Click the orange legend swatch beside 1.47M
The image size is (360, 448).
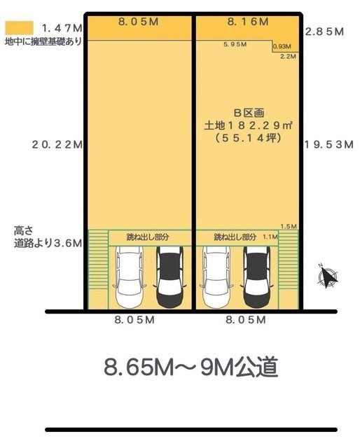[x=19, y=28]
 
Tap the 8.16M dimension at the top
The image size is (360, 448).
[x=248, y=22]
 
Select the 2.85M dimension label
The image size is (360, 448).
[x=324, y=31]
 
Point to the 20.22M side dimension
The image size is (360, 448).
[x=57, y=144]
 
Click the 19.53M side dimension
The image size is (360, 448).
[x=328, y=145]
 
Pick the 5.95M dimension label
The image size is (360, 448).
[x=235, y=44]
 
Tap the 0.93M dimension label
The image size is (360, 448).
[x=282, y=46]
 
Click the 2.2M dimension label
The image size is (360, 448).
[x=288, y=56]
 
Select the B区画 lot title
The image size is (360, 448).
[x=249, y=113]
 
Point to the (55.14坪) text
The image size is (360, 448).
[x=248, y=138]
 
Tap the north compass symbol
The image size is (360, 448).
[x=328, y=275]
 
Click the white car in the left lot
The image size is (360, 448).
[x=130, y=277]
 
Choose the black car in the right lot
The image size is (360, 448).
[x=257, y=277]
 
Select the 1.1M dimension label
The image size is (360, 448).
[x=270, y=237]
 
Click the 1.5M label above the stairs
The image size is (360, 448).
[x=289, y=227]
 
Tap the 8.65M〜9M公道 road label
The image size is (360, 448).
[x=191, y=367]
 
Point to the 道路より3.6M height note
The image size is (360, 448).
[x=48, y=243]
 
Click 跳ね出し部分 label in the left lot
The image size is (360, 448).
[x=148, y=237]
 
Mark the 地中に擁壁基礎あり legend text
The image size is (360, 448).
[x=43, y=42]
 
